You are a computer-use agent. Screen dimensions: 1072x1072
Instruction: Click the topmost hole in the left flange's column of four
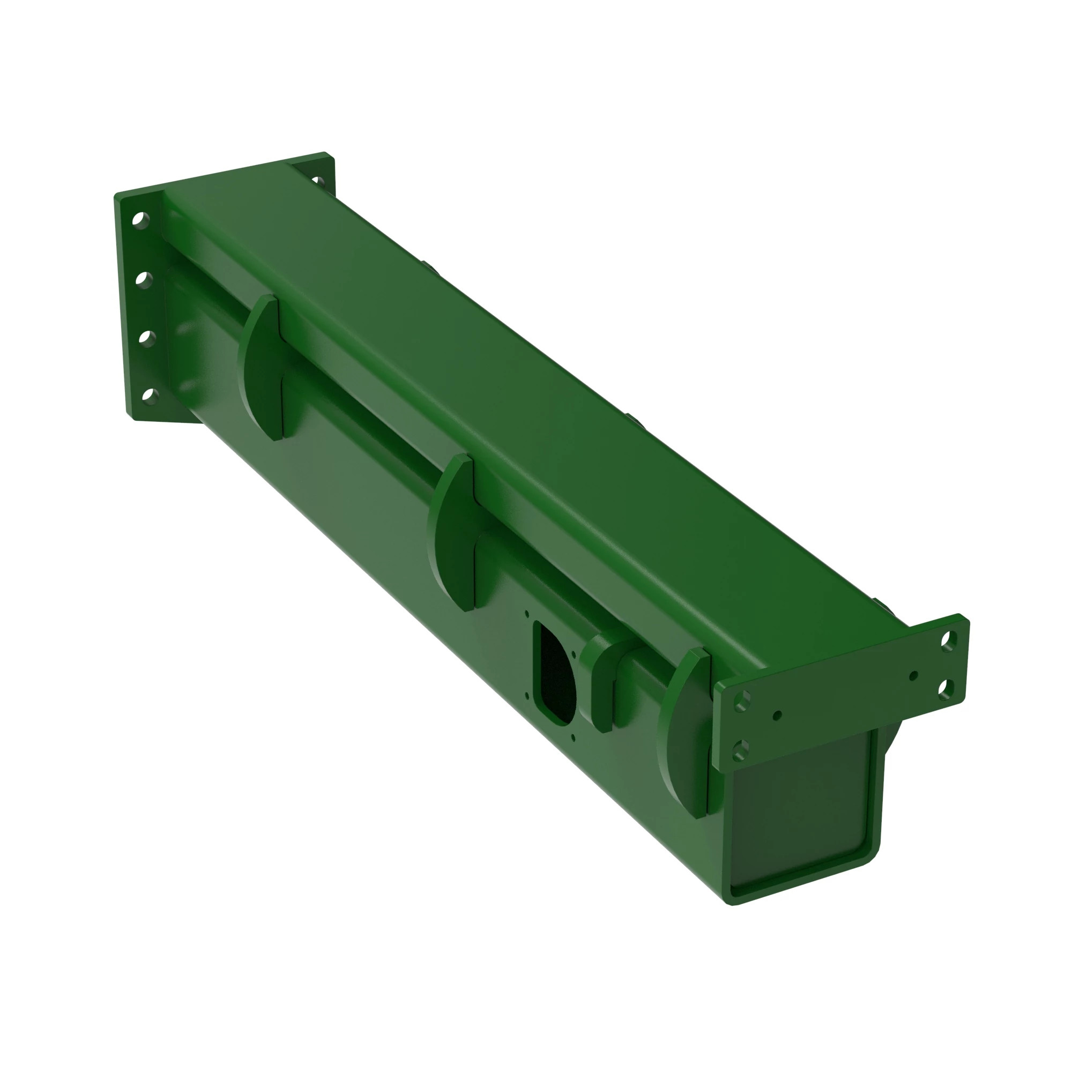[x=141, y=220]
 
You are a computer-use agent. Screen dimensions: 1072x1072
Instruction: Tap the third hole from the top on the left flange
[x=147, y=338]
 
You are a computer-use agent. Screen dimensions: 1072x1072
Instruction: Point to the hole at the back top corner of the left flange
[x=317, y=181]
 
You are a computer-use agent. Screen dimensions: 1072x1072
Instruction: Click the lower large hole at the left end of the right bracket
[x=741, y=751]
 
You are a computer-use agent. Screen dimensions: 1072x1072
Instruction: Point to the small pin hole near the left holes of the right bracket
[x=777, y=716]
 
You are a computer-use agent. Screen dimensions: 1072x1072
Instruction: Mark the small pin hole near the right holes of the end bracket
[x=914, y=676]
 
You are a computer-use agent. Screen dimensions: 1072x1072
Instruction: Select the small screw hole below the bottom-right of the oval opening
[x=572, y=738]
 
